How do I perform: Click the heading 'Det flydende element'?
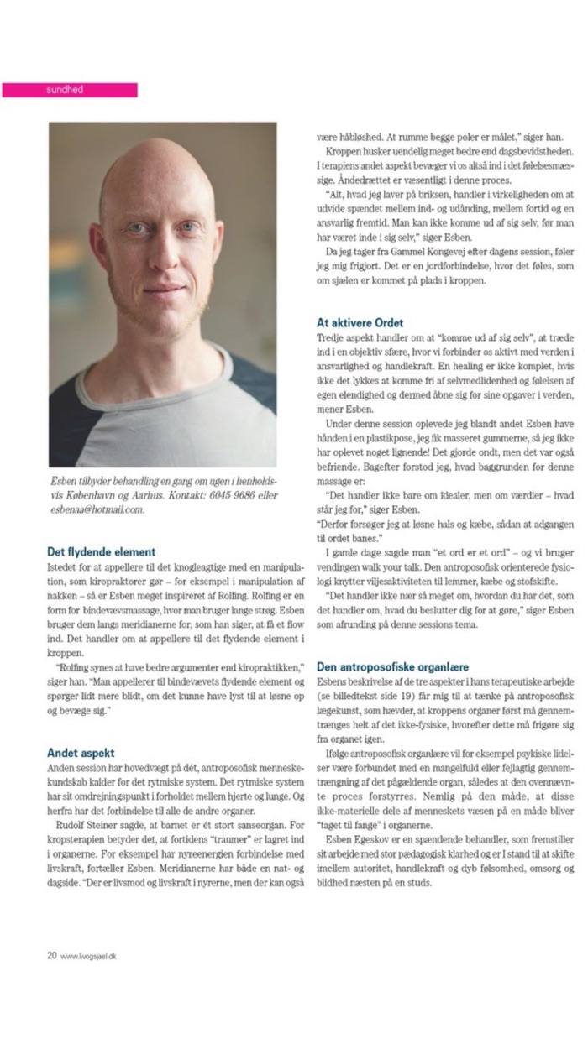[x=102, y=552]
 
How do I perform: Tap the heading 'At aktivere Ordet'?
[x=360, y=322]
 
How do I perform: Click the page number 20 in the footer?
[x=51, y=954]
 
